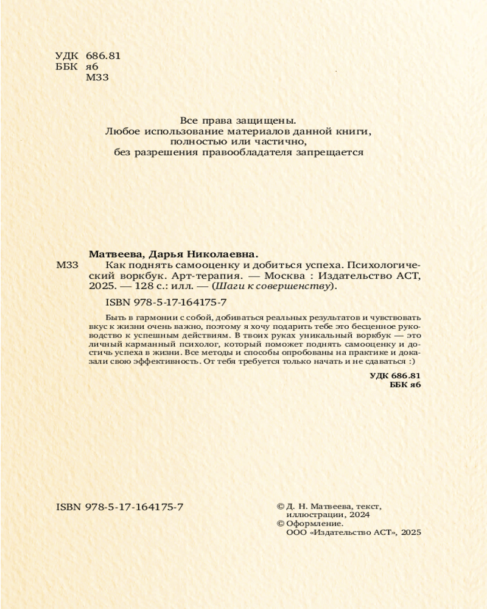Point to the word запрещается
click(x=330, y=152)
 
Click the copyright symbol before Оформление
click(x=281, y=523)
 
